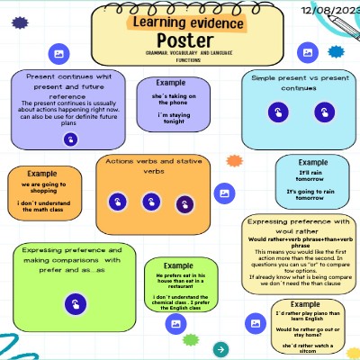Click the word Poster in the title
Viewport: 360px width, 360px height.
(x=181, y=40)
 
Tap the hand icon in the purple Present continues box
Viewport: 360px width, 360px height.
(x=70, y=139)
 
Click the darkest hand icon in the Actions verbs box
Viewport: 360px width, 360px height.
(x=183, y=202)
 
